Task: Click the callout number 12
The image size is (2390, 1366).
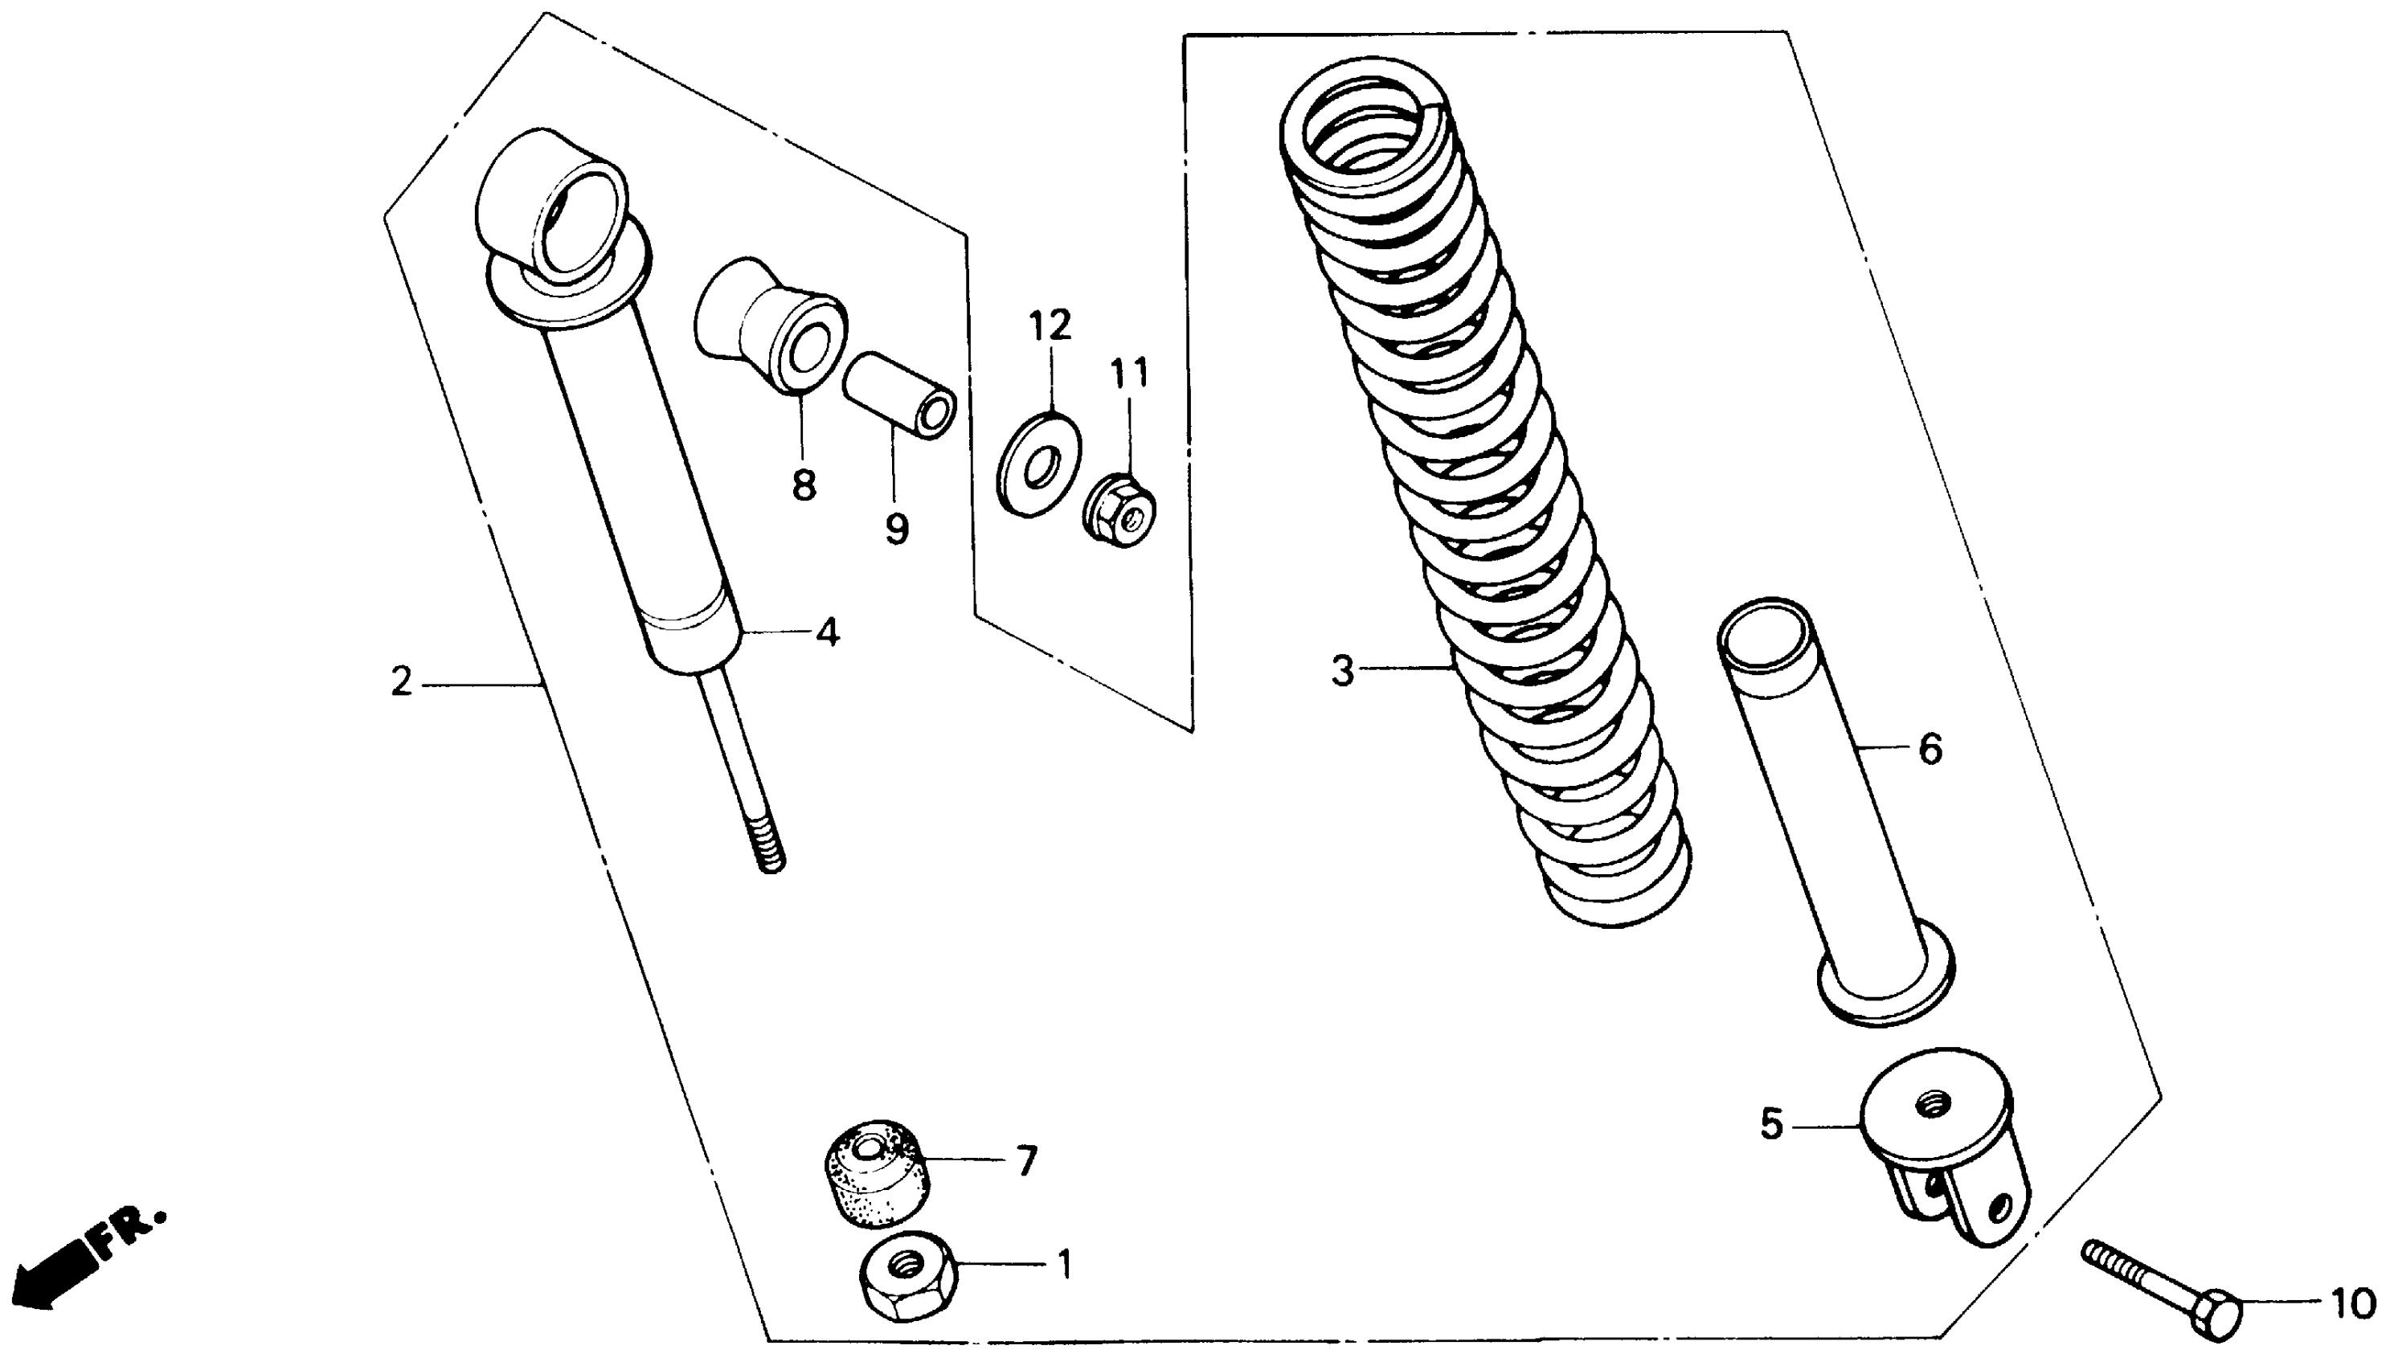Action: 1050,326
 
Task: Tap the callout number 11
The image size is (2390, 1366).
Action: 1129,374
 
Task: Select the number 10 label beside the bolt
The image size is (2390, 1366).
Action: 2351,1303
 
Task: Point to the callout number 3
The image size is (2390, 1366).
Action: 1343,672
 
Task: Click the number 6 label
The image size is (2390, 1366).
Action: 1930,749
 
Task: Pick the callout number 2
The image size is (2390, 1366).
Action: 402,682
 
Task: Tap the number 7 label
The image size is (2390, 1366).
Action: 1027,1163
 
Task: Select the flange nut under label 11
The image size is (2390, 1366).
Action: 1121,514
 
